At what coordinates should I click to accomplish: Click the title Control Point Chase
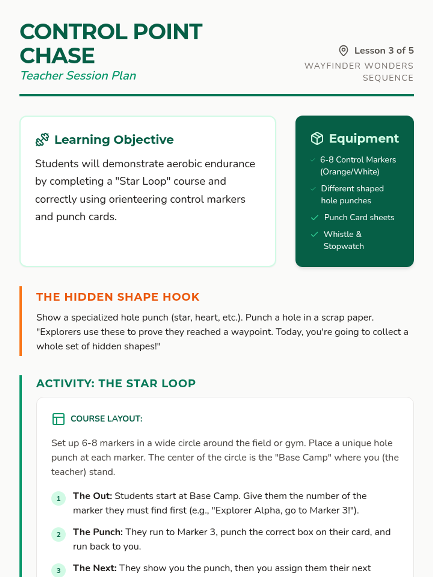[111, 43]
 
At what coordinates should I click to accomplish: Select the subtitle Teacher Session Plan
[78, 76]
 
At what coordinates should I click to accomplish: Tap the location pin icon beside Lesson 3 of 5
[344, 51]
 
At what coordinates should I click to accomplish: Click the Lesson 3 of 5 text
[384, 50]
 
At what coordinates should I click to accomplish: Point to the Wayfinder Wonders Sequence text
[359, 72]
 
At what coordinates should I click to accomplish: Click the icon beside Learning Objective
[42, 140]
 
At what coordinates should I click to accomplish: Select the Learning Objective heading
[114, 140]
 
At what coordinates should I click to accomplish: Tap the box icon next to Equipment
[317, 138]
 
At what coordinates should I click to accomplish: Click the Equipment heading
[364, 138]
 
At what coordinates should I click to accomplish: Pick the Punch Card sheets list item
[359, 217]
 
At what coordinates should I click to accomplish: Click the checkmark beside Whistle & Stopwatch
[314, 234]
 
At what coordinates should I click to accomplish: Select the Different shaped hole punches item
[352, 194]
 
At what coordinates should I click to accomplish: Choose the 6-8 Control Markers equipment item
[358, 166]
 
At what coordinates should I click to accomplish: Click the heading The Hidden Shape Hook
[118, 297]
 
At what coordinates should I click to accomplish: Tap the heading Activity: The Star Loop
[116, 383]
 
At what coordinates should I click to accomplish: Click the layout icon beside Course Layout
[58, 419]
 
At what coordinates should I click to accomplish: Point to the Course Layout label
[106, 419]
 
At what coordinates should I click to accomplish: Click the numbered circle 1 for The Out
[58, 499]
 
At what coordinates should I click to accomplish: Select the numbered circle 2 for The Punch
[58, 535]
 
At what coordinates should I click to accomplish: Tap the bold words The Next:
[95, 568]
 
